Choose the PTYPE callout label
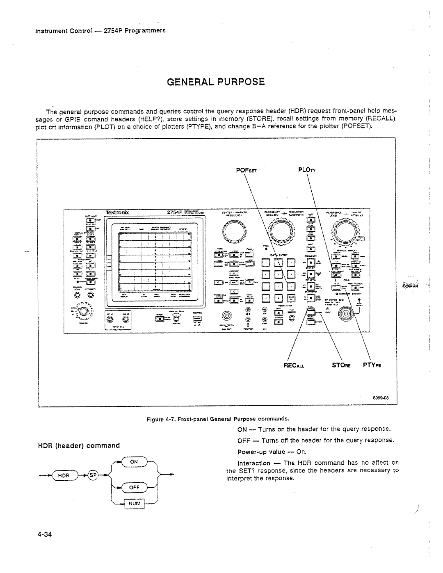pyautogui.click(x=371, y=364)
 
